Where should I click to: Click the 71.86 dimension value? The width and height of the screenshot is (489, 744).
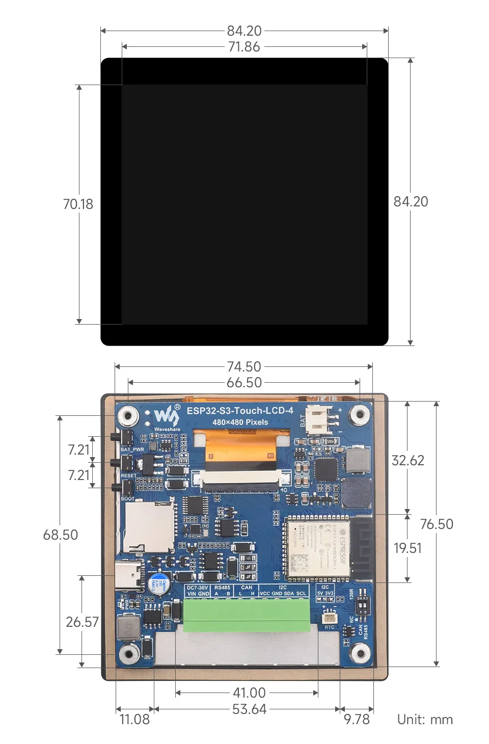(244, 47)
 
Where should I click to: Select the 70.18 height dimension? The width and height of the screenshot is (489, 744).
(78, 204)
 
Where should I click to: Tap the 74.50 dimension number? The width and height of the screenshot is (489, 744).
(244, 366)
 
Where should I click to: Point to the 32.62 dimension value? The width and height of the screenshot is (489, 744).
(407, 460)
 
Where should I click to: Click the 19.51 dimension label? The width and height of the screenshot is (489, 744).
(407, 548)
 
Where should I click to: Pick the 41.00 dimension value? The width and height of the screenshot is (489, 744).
(249, 693)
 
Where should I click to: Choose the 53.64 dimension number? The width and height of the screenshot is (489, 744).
(249, 709)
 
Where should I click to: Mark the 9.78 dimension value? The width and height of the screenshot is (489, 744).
(357, 719)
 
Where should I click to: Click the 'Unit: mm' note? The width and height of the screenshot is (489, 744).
(425, 719)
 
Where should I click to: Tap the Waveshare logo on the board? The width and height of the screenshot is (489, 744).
(167, 416)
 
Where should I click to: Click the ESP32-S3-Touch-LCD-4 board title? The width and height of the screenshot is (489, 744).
(240, 410)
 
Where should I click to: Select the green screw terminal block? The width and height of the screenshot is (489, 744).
(246, 615)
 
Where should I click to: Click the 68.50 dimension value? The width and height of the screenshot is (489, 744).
(61, 535)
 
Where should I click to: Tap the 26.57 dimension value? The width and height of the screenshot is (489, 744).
(81, 622)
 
